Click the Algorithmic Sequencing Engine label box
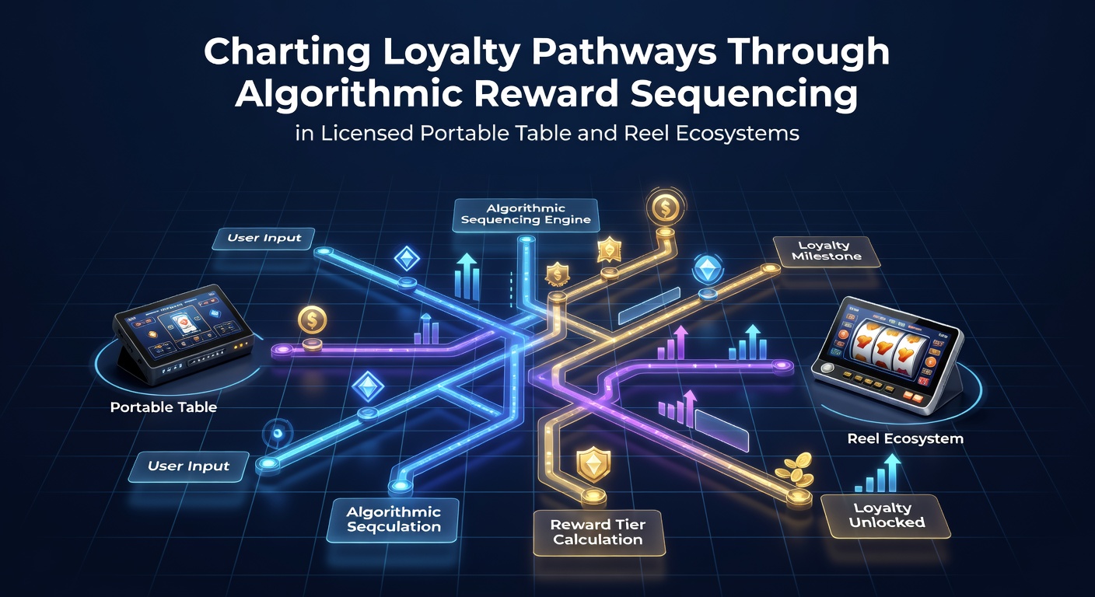coord(526,215)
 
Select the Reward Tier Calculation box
coord(598,532)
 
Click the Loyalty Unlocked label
coord(886,516)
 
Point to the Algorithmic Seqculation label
coord(393,520)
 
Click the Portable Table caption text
coord(163,407)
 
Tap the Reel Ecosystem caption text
coord(905,438)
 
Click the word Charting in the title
coord(287,53)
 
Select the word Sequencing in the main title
coord(743,94)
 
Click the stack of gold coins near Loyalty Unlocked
coord(795,469)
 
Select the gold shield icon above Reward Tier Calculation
coord(593,463)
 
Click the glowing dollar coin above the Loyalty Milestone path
coord(665,207)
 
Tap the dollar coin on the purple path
coord(312,320)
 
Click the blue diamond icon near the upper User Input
coord(407,259)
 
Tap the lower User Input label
coord(189,466)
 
